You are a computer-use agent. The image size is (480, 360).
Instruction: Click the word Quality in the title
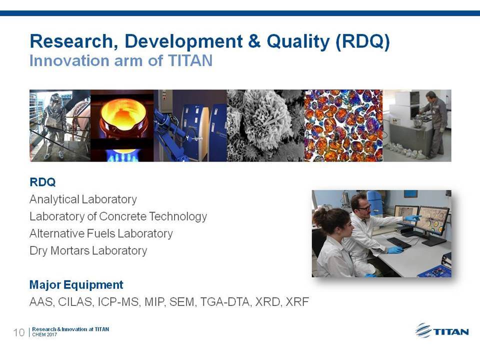pos(298,41)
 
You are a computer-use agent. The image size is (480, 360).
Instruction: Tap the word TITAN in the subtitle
pos(190,60)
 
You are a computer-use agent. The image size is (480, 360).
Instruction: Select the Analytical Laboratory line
pos(83,199)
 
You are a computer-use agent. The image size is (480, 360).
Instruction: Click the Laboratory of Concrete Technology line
pos(118,216)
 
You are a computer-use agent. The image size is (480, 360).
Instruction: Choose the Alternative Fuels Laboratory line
pos(101,233)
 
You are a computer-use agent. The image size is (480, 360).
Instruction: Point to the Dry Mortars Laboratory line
pos(88,250)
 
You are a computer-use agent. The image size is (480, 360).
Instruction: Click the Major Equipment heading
pos(76,285)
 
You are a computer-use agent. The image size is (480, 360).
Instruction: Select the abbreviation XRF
pos(297,302)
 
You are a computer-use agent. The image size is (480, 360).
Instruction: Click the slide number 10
pos(18,332)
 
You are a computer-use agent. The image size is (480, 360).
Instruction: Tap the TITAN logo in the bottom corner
pos(442,331)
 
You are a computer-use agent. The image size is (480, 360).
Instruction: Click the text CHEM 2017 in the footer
pos(44,334)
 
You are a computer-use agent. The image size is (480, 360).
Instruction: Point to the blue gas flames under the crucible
pos(122,156)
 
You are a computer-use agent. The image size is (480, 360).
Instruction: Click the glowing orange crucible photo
pos(122,125)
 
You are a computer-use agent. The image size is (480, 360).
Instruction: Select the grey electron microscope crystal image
pos(265,125)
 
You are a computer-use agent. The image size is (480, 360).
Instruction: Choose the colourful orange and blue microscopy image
pos(343,125)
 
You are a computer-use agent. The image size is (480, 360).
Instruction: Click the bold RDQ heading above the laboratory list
pos(42,182)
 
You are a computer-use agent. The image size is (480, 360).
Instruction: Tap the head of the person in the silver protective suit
pos(55,99)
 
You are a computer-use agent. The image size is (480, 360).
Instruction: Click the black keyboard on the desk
pos(398,243)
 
